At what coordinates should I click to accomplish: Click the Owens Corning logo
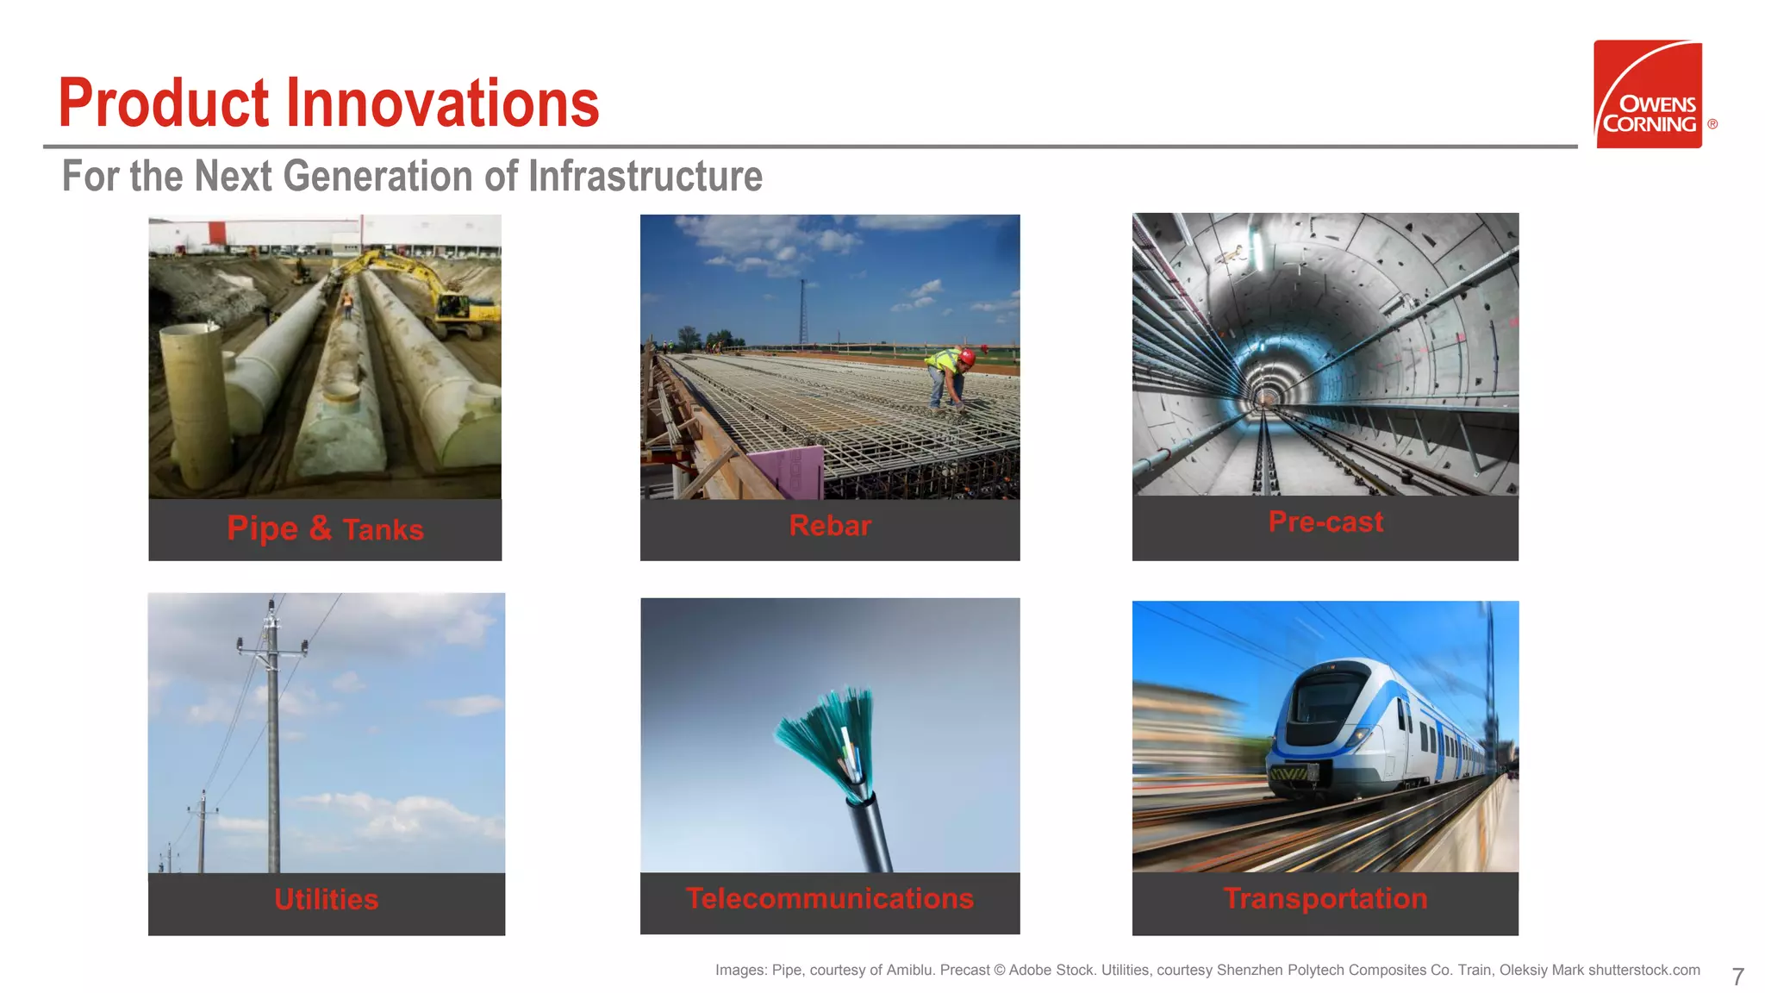(1648, 94)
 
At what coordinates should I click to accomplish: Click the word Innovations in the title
(442, 103)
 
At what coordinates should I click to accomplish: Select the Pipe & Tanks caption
(325, 528)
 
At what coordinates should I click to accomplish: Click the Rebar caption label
(830, 525)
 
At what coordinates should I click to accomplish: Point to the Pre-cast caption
(1325, 521)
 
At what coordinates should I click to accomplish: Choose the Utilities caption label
(326, 899)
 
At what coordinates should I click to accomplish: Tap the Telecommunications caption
(830, 898)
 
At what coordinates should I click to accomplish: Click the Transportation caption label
(1325, 898)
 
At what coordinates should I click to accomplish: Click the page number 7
(1737, 977)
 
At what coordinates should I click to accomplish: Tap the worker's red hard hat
(968, 355)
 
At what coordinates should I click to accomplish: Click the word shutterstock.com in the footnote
(1643, 970)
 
